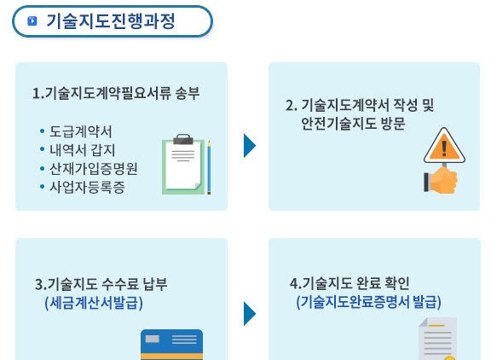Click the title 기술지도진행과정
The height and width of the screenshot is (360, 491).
[x=111, y=21]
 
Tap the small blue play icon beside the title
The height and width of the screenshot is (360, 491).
[x=32, y=21]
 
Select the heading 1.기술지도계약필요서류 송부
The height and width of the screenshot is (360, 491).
[x=116, y=93]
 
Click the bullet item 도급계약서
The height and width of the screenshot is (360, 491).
[x=81, y=131]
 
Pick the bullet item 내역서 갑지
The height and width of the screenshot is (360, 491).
[x=83, y=150]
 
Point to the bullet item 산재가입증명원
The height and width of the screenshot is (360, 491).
[x=94, y=169]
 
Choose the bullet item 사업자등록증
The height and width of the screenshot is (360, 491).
[x=87, y=187]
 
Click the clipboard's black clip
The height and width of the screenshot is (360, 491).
[x=183, y=139]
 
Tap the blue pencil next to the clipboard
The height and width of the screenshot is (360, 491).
[x=209, y=167]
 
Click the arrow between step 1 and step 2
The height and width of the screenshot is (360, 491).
[x=250, y=146]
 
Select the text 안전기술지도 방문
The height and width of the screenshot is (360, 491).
[x=353, y=124]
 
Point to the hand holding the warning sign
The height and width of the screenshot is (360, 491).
[x=441, y=180]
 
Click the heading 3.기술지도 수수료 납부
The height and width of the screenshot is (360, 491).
[x=101, y=284]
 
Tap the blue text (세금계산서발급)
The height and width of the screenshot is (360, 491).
[x=94, y=303]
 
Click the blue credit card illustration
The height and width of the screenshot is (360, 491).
[x=171, y=345]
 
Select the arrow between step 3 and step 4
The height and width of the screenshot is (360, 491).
[x=250, y=314]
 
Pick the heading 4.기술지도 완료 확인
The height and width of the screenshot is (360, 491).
[x=349, y=283]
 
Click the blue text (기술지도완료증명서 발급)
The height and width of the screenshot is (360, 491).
[x=368, y=302]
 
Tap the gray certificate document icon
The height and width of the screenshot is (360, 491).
[x=438, y=339]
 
